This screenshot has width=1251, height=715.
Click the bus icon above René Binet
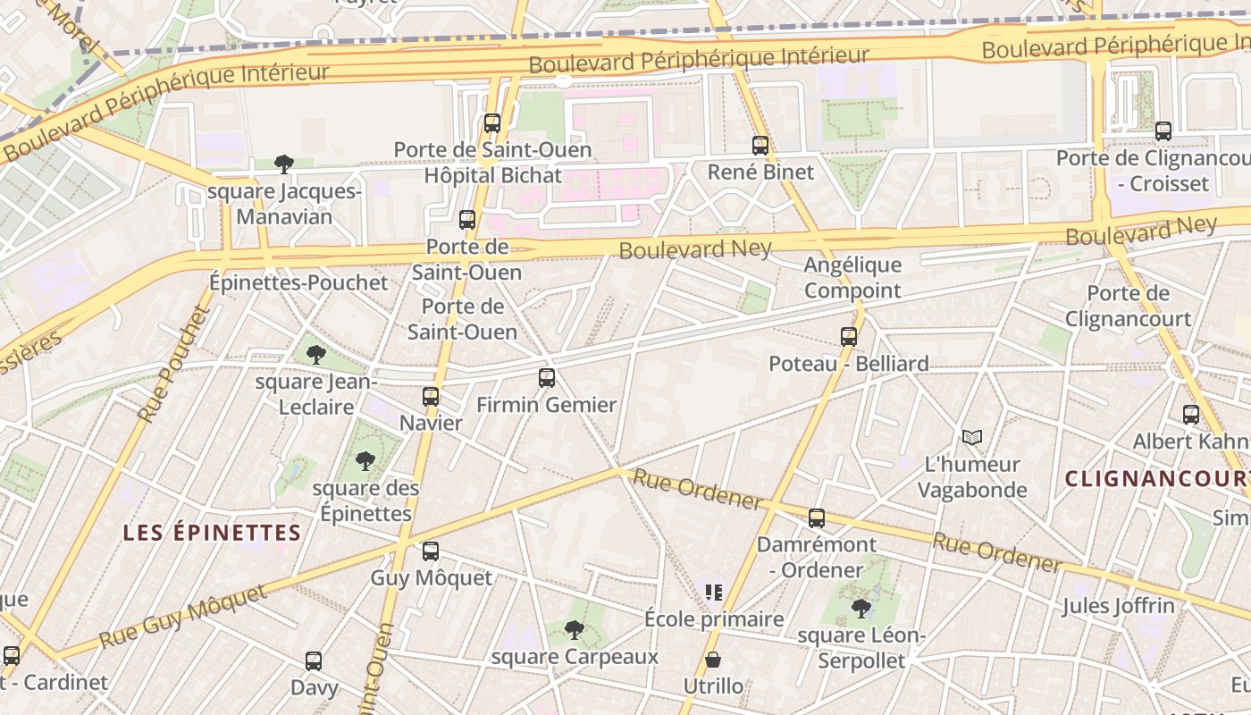tap(760, 145)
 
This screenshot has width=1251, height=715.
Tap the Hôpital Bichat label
tap(493, 175)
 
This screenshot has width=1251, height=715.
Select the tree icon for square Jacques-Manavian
tap(284, 164)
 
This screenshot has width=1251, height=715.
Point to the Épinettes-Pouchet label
tap(298, 282)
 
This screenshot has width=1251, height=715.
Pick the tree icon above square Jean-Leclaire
tap(315, 355)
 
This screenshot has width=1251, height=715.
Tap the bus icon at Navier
tap(431, 397)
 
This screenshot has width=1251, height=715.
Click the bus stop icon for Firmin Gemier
tap(547, 378)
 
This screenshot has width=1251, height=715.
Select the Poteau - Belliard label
tap(849, 364)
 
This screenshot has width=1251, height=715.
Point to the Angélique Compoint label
tap(852, 277)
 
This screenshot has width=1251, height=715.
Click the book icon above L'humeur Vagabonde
tap(972, 437)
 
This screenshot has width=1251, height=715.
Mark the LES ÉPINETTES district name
tap(212, 533)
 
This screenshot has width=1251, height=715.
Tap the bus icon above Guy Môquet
tap(431, 551)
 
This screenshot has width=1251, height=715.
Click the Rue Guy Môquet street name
tap(183, 617)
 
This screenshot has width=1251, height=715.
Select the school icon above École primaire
tap(713, 592)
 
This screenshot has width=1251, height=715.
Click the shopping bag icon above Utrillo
tap(713, 660)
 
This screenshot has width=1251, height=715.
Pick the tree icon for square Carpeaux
tap(575, 630)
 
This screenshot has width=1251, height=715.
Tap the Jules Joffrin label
tap(1118, 606)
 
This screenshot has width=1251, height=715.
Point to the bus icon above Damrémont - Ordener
tap(817, 518)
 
